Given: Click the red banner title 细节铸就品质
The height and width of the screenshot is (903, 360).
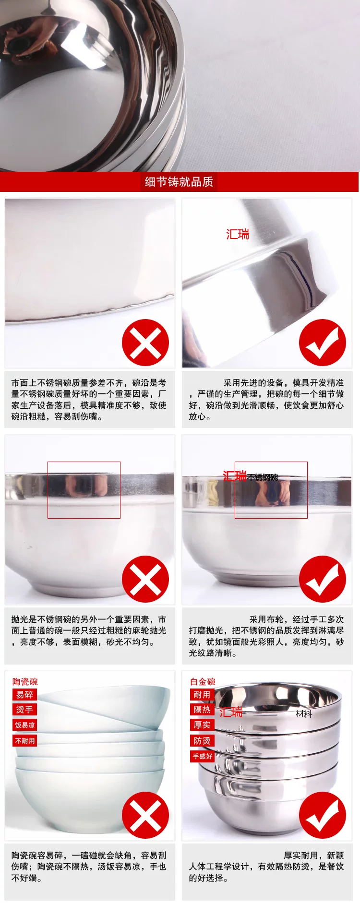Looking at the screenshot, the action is click(179, 182).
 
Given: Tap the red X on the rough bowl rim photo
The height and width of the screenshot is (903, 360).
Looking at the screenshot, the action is click(145, 343).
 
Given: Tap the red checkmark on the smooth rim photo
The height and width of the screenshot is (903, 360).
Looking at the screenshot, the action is click(323, 343).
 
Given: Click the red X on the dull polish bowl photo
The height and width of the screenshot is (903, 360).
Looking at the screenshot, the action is click(145, 579).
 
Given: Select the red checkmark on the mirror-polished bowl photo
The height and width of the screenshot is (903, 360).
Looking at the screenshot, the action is click(323, 579).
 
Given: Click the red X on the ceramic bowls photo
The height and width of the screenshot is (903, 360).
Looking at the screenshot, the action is click(145, 815).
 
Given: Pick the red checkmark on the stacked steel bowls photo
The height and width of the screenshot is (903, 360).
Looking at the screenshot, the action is click(323, 815).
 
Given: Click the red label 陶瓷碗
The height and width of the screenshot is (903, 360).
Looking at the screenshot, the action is click(25, 682).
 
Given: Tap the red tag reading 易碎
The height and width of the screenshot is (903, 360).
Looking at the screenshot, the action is click(24, 695).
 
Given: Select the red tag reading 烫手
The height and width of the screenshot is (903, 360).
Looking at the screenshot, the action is click(24, 710).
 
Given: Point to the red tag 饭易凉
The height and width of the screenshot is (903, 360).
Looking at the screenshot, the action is click(25, 725).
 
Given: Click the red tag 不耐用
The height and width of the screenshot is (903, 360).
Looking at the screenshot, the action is click(25, 741).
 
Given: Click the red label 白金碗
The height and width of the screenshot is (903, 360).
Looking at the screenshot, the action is click(203, 682).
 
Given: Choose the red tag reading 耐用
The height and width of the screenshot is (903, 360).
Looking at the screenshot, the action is click(202, 695).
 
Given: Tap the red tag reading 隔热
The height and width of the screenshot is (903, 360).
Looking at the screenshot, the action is click(202, 710).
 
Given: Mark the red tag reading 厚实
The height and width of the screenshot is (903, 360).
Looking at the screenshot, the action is click(202, 725).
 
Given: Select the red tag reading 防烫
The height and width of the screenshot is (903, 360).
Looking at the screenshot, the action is click(202, 741).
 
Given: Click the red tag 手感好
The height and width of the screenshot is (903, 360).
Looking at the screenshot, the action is click(203, 757).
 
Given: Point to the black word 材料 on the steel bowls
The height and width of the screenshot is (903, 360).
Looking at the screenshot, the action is click(304, 714).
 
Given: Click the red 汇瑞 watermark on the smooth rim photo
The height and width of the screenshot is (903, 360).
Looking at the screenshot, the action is click(238, 234).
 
